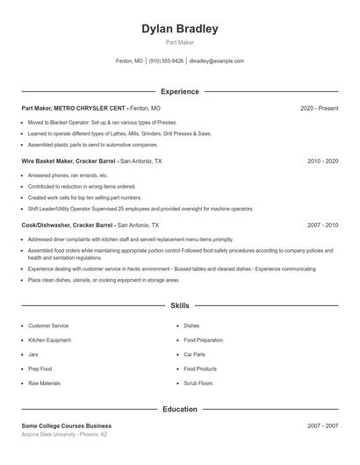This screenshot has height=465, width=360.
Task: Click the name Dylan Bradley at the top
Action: tap(179, 29)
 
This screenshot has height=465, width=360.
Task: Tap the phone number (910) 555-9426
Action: tap(166, 61)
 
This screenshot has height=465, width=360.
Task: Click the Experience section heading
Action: tap(179, 91)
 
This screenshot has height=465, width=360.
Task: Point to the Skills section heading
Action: tap(179, 306)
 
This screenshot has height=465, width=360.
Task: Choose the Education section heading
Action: tap(179, 410)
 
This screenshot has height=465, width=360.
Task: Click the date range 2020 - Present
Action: tap(319, 108)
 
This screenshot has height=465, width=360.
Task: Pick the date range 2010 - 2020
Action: tap(322, 161)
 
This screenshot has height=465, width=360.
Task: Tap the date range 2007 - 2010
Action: tap(322, 225)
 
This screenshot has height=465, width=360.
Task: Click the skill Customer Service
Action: tap(48, 325)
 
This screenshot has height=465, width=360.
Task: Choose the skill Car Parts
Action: tap(194, 354)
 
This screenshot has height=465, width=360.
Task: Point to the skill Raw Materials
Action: tap(45, 384)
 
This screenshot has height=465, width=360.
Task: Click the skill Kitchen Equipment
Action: tap(49, 340)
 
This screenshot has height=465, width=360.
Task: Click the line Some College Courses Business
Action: tap(66, 426)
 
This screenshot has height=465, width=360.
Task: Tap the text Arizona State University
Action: tap(52, 434)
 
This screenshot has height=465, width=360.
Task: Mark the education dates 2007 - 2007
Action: tap(322, 426)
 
